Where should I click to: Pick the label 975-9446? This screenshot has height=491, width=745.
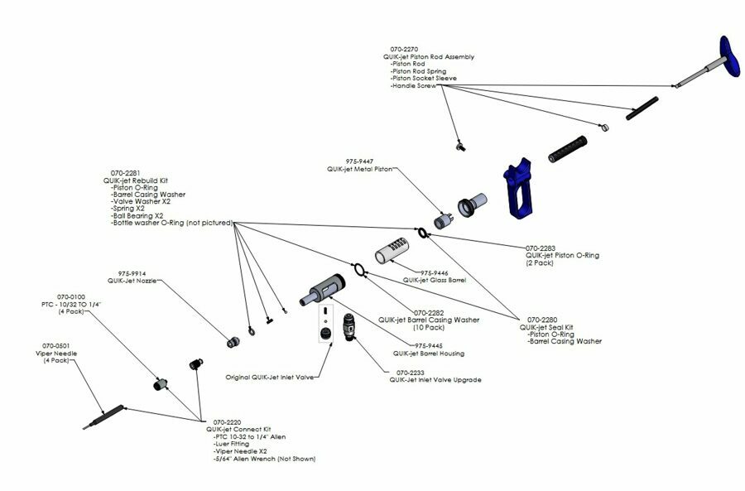point(437,272)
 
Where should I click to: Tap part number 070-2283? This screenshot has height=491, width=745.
point(542,248)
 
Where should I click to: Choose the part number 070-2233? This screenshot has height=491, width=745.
point(412,373)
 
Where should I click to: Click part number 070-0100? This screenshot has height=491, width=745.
point(71,296)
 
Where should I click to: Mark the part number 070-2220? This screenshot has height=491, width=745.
point(228,421)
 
